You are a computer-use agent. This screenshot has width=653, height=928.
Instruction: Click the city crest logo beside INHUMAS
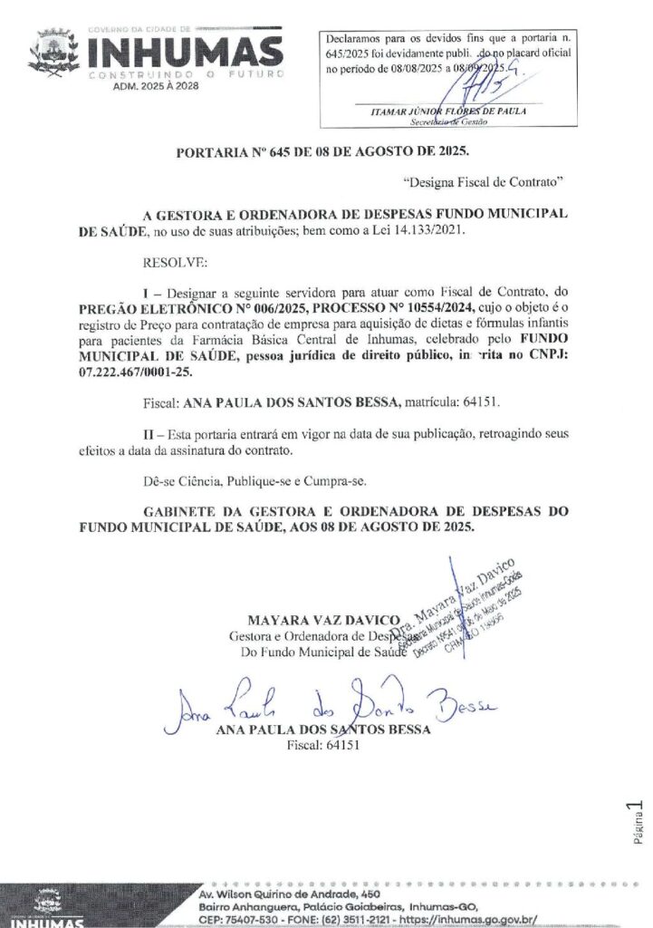(x=53, y=52)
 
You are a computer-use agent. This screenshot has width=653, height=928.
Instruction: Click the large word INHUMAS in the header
(x=186, y=48)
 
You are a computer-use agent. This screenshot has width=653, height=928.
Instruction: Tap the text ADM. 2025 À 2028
(x=157, y=86)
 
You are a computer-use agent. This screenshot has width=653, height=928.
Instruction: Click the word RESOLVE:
(x=175, y=264)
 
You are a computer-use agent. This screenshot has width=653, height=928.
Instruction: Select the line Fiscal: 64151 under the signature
(x=323, y=745)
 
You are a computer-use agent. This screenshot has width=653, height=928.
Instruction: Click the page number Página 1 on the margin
(x=637, y=822)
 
